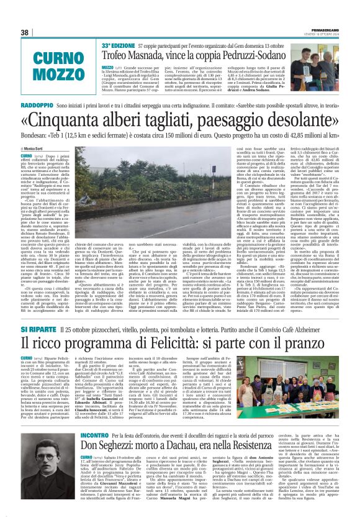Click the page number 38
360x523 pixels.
click(25, 32)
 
